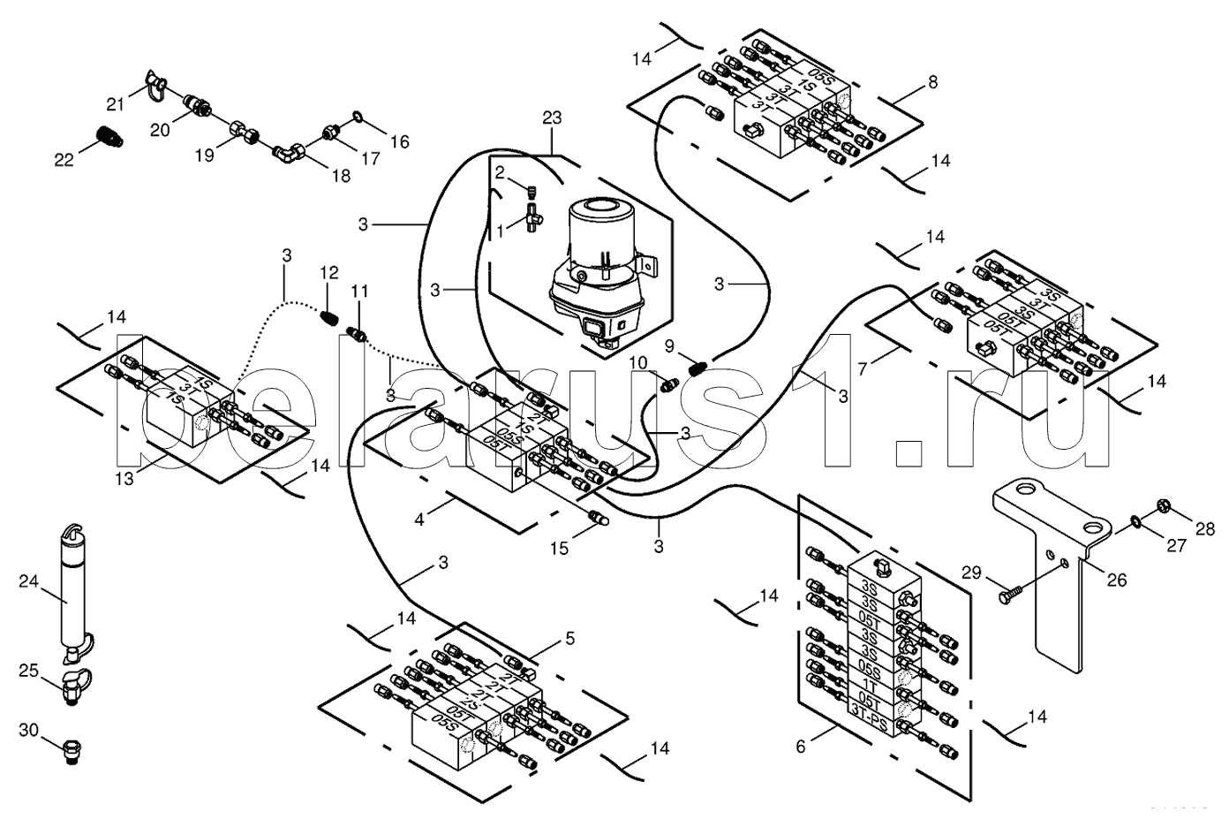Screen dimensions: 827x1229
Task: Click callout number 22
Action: pos(64,158)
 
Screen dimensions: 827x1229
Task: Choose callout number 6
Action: pos(801,746)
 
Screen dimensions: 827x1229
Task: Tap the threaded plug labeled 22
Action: pos(109,136)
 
